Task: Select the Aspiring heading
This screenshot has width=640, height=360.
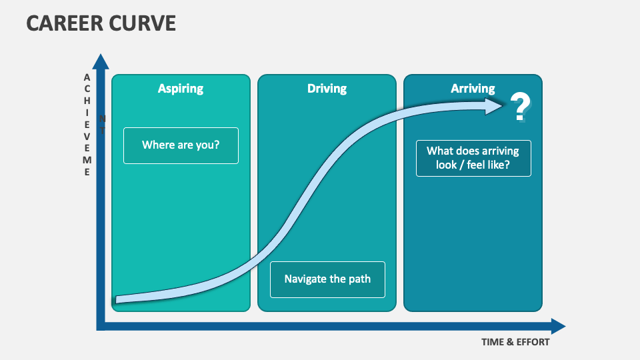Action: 181,88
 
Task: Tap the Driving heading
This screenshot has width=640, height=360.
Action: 327,88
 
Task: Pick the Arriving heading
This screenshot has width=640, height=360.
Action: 473,88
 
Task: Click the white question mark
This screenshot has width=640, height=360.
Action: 520,107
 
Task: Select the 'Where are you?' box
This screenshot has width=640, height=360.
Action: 181,145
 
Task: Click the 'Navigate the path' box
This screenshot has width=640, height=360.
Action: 327,279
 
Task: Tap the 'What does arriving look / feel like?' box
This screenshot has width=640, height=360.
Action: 473,158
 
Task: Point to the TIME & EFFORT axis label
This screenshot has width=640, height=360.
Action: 515,342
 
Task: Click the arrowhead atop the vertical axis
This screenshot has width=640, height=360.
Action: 101,61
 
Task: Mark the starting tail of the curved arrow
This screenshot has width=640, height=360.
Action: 119,299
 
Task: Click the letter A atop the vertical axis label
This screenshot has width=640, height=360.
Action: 87,77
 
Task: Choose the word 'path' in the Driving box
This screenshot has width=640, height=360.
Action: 359,279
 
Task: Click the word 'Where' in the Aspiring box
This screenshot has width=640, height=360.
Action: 157,145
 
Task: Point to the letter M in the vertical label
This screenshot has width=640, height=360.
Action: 87,160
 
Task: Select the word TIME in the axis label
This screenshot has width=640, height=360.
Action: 493,342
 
